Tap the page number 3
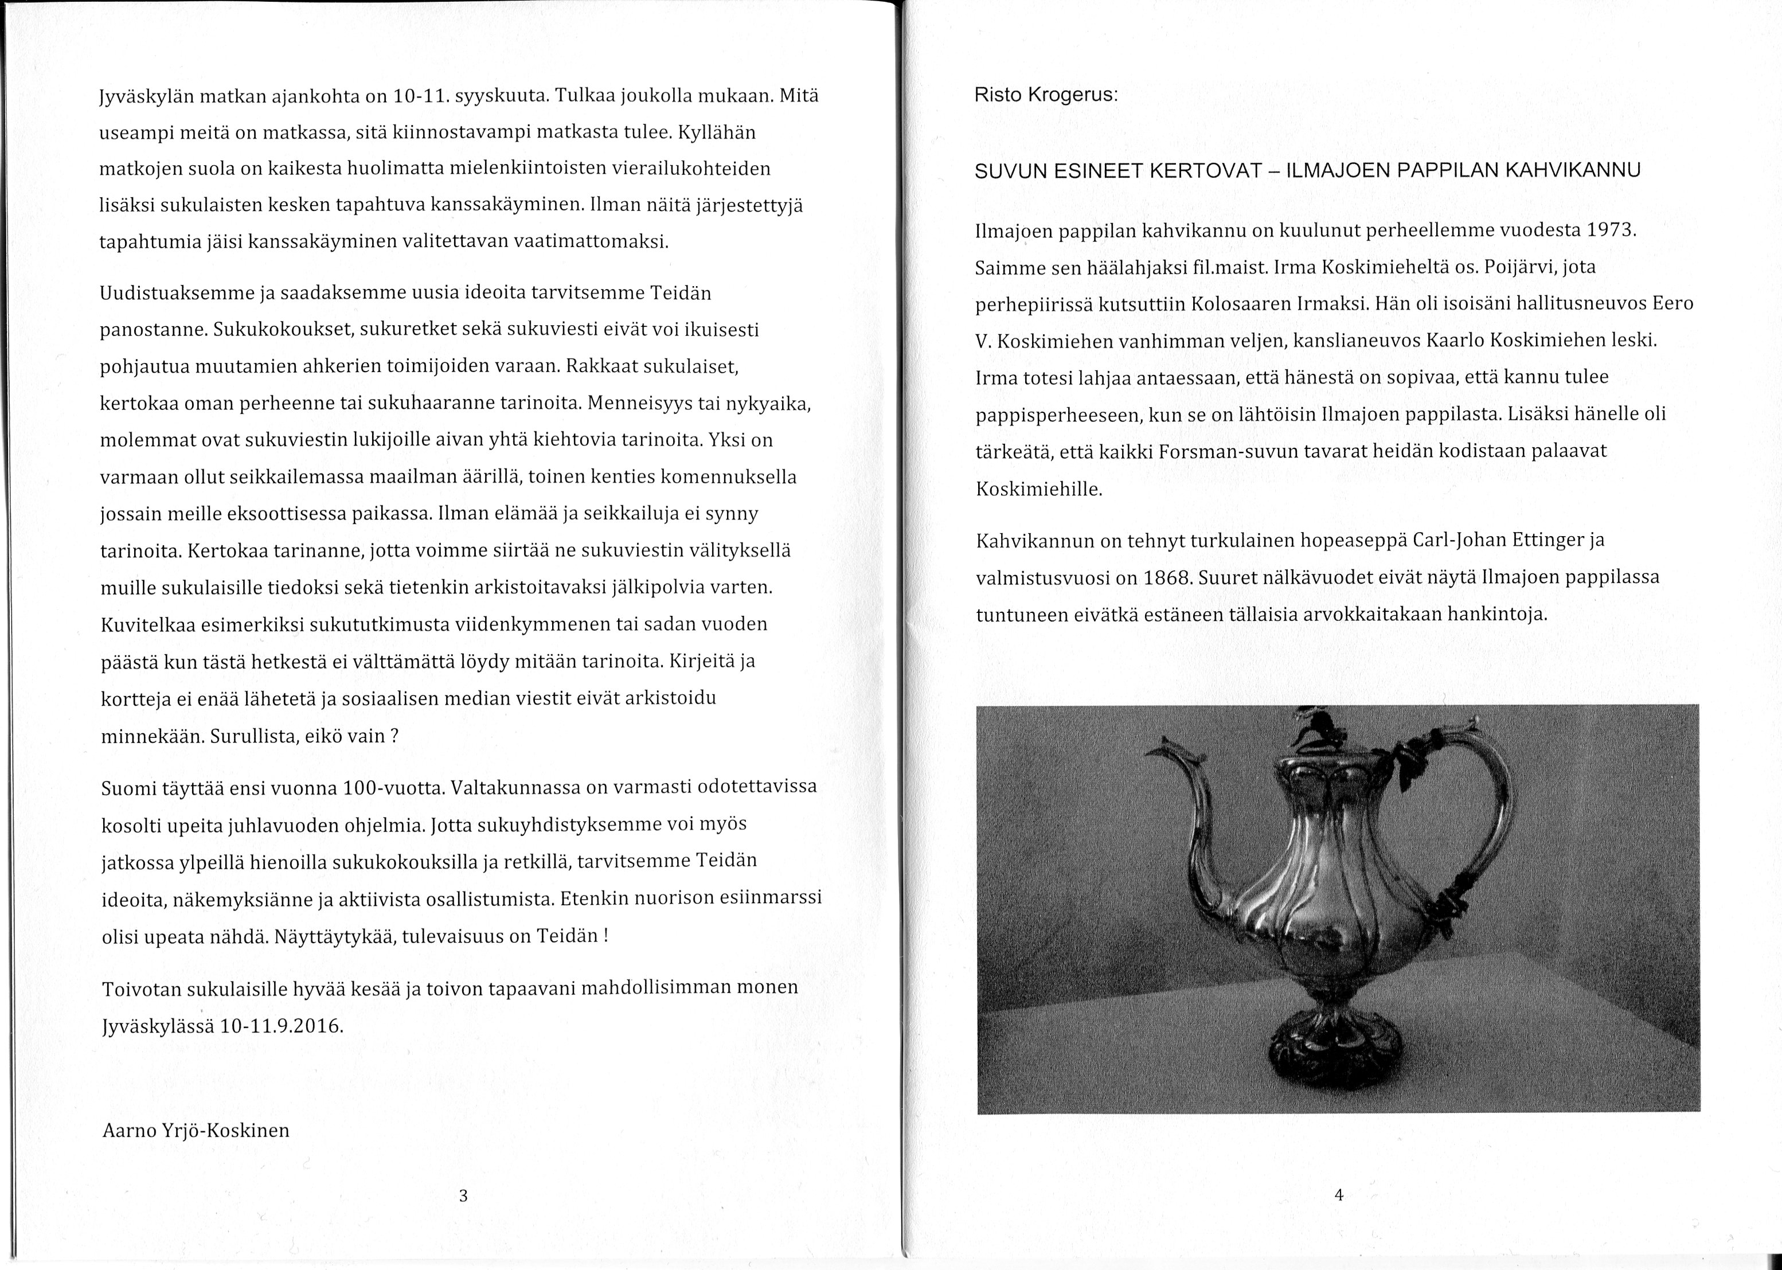click(463, 1195)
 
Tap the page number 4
click(1339, 1195)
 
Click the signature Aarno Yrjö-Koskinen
click(196, 1130)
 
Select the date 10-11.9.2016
click(282, 1026)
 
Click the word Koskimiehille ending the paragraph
click(1039, 490)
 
